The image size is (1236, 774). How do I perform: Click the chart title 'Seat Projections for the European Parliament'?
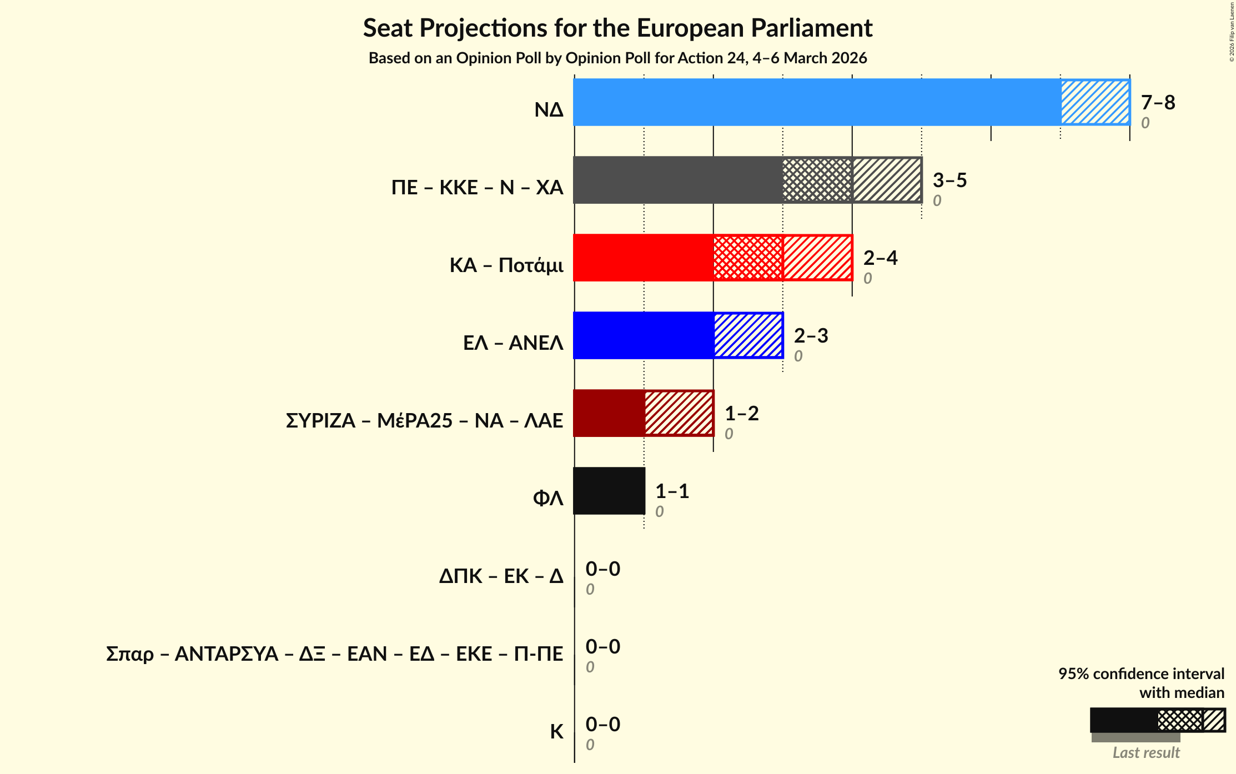click(617, 28)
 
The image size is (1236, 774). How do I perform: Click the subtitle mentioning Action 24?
click(617, 58)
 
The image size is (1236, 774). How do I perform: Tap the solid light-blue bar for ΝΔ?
click(816, 102)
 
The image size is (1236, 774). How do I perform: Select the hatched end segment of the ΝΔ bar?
click(1095, 102)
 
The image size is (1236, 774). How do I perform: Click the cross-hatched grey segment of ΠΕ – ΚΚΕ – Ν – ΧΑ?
click(817, 180)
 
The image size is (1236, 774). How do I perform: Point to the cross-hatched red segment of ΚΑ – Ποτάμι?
click(747, 258)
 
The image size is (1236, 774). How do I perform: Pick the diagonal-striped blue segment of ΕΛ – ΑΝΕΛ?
click(748, 335)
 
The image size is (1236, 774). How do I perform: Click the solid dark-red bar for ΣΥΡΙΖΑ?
click(609, 413)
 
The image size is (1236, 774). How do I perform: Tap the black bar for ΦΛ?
click(609, 491)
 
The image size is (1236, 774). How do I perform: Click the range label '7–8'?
click(1158, 102)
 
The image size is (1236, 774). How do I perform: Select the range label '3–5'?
click(949, 180)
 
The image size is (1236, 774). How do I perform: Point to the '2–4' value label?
click(880, 258)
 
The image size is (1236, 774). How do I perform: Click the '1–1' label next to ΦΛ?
click(672, 491)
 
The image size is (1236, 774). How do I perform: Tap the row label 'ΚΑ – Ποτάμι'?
click(506, 265)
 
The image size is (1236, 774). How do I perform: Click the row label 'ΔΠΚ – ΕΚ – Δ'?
click(501, 576)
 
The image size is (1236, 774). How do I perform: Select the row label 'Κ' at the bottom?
click(556, 732)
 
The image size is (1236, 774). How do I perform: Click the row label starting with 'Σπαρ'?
click(334, 654)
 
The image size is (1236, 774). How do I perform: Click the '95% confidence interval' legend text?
click(1141, 674)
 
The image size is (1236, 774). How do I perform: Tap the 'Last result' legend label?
click(1146, 752)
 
